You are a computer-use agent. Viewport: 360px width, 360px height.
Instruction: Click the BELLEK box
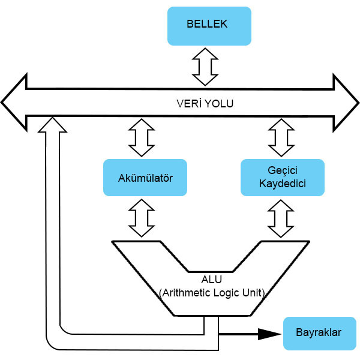pyautogui.click(x=208, y=26)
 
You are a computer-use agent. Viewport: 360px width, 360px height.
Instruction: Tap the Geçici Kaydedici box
pyautogui.click(x=283, y=178)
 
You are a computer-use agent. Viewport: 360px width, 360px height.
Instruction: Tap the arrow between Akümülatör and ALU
pyautogui.click(x=142, y=218)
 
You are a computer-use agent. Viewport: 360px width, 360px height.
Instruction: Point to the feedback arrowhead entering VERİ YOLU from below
pyautogui.click(x=53, y=124)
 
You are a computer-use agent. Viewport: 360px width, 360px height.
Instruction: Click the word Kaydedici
pyautogui.click(x=283, y=184)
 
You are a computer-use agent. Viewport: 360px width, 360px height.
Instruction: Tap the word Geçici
pyautogui.click(x=283, y=171)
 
